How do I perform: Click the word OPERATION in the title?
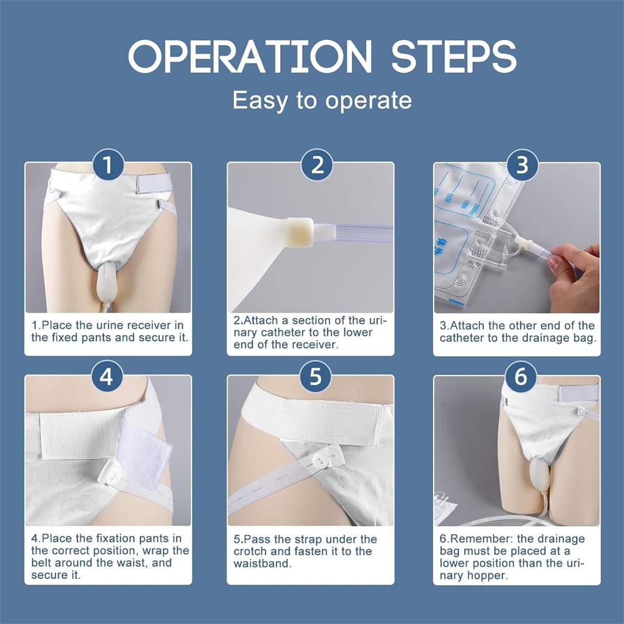point(250,57)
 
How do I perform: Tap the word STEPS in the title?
point(454,57)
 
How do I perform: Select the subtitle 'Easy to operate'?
point(322,100)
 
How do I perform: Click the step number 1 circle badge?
point(108,164)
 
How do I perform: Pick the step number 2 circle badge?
point(317,164)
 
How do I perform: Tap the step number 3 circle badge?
point(522,164)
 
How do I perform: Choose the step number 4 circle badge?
point(107,376)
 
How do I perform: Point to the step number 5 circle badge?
point(315,376)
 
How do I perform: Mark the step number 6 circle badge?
point(520,376)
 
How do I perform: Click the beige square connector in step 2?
point(300,232)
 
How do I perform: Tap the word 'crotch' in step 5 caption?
point(251,552)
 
